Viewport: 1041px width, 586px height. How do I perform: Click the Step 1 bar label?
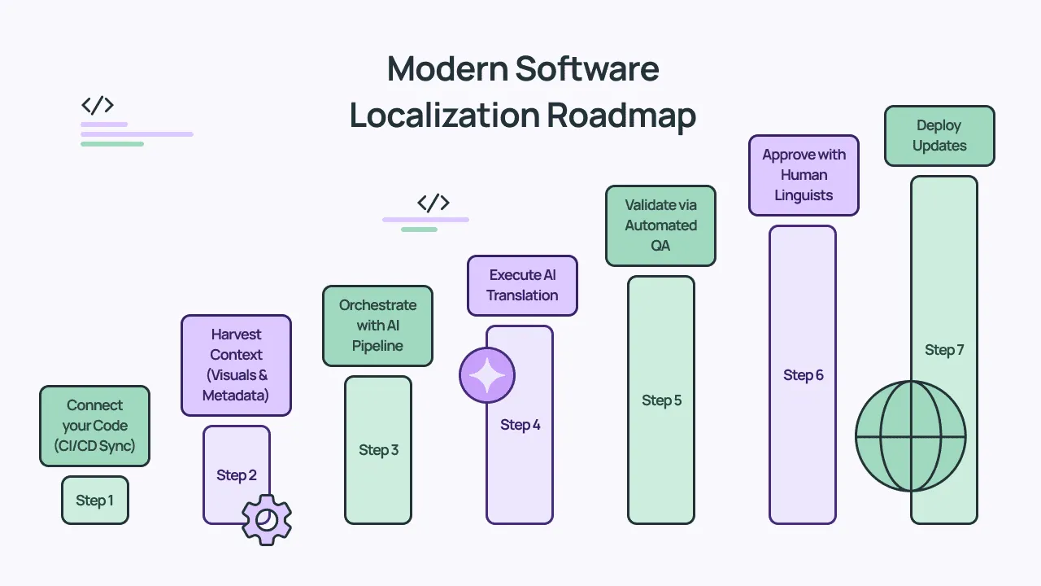pos(95,501)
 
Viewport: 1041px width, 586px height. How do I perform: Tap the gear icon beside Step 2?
pos(267,519)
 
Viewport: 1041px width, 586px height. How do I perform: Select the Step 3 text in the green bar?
pos(378,450)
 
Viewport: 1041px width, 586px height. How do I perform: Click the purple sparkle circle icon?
pos(487,375)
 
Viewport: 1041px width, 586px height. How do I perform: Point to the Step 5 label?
pos(661,400)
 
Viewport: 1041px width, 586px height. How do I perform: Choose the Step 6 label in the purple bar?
pos(803,375)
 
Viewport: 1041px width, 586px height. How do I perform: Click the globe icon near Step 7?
pos(910,436)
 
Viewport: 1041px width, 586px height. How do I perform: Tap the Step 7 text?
pos(944,350)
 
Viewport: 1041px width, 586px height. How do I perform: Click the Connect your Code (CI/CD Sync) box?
pos(95,426)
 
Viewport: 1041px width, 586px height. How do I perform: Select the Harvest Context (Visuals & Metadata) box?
pos(237,365)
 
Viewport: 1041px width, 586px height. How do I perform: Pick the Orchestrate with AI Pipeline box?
pos(377,326)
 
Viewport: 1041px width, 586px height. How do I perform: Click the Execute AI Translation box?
pos(522,286)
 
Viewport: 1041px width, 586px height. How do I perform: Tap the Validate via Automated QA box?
pos(660,225)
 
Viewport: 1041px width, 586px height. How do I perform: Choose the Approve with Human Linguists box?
pos(804,175)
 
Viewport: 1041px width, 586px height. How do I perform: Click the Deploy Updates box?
pos(939,136)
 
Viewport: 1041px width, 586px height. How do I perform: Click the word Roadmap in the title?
pos(621,116)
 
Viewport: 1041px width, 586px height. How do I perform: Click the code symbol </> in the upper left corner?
pos(97,105)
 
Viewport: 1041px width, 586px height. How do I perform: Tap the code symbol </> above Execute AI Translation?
pos(433,203)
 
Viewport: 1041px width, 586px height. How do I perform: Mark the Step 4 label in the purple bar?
pos(520,425)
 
